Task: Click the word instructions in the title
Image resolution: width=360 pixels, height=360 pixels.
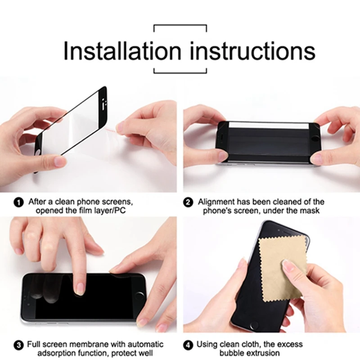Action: click(252, 51)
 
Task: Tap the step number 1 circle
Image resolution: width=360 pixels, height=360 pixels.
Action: click(18, 202)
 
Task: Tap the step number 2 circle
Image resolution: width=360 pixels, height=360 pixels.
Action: click(189, 202)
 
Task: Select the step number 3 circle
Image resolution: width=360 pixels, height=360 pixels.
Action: click(18, 346)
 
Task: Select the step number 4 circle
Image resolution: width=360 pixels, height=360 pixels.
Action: click(189, 346)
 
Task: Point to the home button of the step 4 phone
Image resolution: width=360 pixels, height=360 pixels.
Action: click(255, 325)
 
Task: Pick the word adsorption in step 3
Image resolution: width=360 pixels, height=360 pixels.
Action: click(64, 354)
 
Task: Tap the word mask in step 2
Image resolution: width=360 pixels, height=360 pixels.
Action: click(310, 211)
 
